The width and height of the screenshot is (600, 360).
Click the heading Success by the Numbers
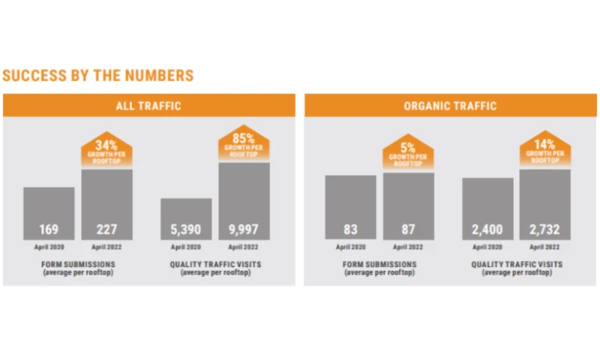(x=98, y=76)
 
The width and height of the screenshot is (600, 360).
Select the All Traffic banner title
(x=148, y=106)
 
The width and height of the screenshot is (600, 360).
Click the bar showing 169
(x=49, y=214)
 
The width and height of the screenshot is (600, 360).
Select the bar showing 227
(x=106, y=205)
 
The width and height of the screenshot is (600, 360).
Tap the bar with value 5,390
(x=186, y=219)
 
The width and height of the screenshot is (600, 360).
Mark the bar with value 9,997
(x=244, y=201)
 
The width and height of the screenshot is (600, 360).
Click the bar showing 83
(x=350, y=208)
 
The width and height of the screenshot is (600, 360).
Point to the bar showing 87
(x=408, y=206)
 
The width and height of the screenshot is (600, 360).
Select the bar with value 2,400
(x=487, y=209)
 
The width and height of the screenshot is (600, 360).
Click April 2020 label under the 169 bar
(x=49, y=247)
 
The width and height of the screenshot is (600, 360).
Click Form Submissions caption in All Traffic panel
(x=78, y=268)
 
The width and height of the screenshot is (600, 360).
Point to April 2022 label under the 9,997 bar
(x=244, y=247)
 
